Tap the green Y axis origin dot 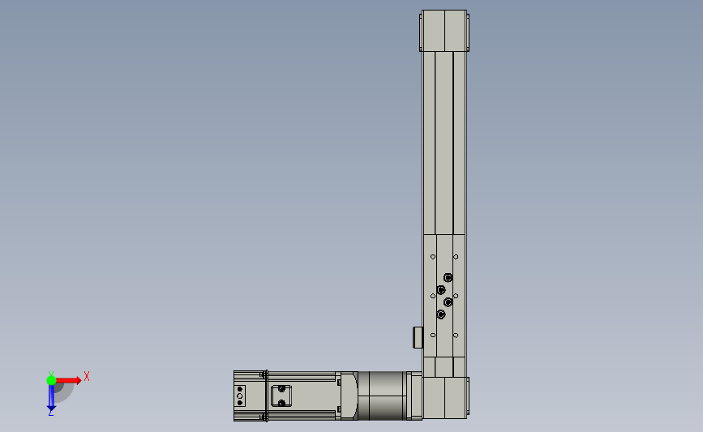click(51, 379)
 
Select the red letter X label click(86, 376)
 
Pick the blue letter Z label click(51, 413)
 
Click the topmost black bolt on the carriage click(448, 277)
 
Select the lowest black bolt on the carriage click(440, 314)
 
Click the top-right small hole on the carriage click(455, 257)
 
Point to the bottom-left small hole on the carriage click(433, 335)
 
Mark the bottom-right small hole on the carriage click(455, 335)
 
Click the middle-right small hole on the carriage click(456, 296)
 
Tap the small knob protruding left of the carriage click(418, 336)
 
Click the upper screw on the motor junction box click(281, 389)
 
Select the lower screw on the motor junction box click(281, 403)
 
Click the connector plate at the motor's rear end click(240, 396)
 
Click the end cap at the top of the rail click(444, 32)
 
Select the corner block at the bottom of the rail click(445, 397)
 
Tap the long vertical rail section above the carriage click(444, 142)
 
